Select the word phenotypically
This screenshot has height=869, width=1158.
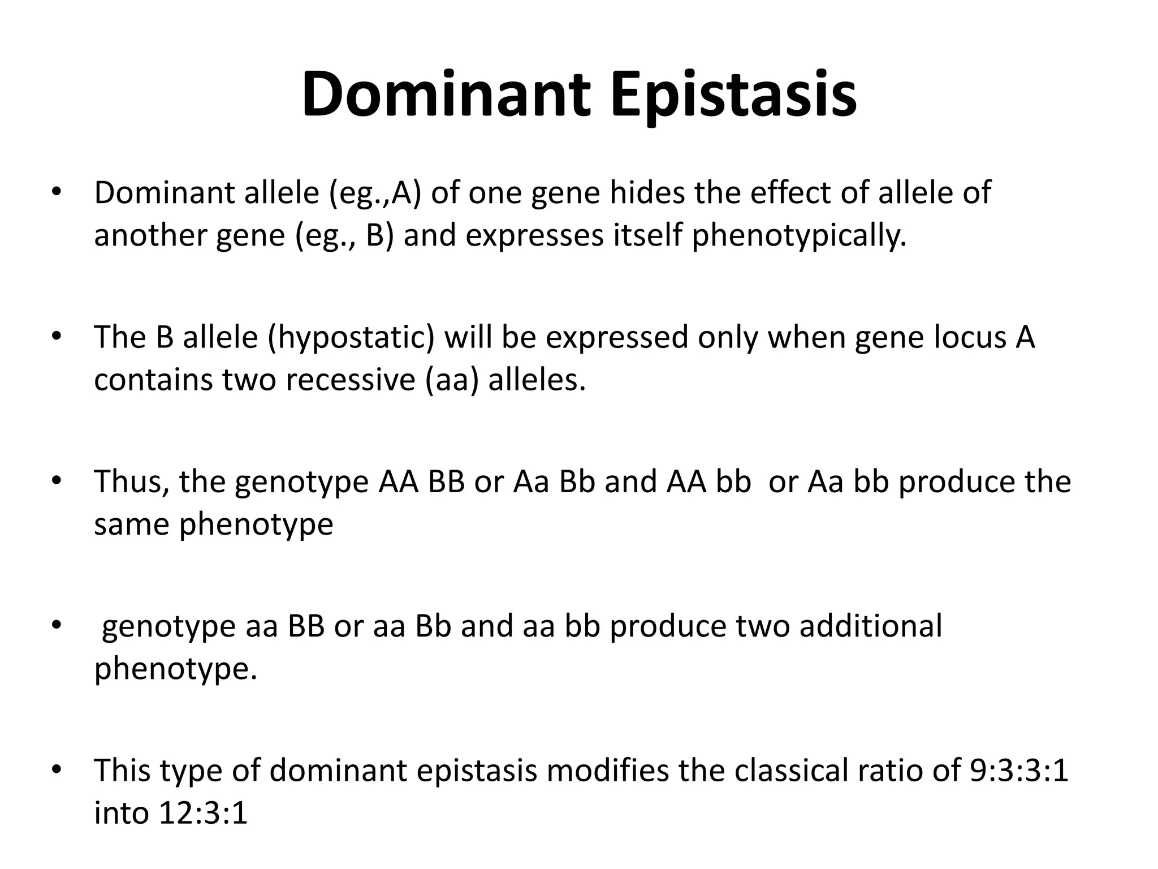(799, 236)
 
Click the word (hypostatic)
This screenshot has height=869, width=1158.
(351, 338)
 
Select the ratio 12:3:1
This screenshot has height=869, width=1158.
(204, 814)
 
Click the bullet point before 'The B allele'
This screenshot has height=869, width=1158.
(55, 338)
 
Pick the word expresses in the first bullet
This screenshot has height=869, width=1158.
(534, 236)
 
